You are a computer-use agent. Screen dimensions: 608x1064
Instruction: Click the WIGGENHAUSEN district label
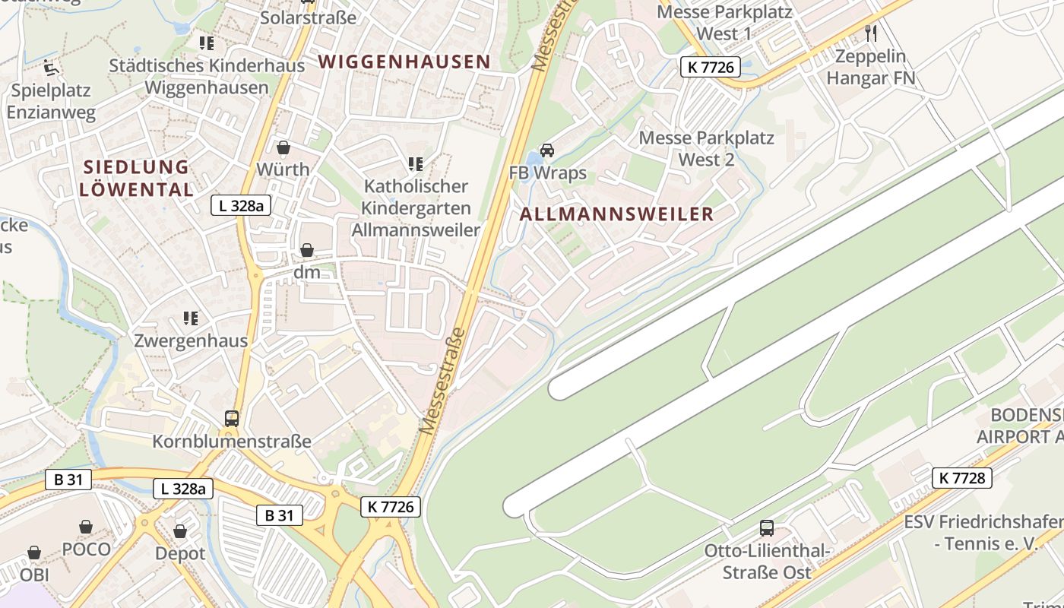pos(404,62)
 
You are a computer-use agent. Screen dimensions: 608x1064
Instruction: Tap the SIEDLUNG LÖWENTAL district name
pos(136,178)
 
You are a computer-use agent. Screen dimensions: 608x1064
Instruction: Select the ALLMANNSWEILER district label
pos(616,214)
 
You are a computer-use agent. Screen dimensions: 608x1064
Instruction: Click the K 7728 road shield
pos(961,477)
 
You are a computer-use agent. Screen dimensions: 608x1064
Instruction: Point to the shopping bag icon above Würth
pos(283,147)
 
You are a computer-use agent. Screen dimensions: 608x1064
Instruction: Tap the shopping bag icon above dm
pos(307,250)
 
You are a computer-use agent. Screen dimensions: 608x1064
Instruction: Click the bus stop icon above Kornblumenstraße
pos(232,418)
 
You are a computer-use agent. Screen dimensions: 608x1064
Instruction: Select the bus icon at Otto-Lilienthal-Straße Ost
pos(767,527)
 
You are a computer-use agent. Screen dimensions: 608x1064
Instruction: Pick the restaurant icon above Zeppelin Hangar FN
pos(871,33)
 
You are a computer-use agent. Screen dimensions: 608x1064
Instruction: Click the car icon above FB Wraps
pos(547,150)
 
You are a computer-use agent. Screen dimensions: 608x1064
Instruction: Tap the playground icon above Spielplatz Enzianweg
pos(51,68)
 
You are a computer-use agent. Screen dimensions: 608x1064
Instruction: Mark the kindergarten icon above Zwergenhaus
pos(191,318)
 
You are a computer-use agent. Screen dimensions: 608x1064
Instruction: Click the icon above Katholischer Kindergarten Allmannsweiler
pos(415,163)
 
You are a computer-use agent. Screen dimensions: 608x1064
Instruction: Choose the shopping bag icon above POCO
pos(87,527)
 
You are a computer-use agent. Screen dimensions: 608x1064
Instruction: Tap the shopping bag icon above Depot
pos(180,531)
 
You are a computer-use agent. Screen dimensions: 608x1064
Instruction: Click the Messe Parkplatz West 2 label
pos(706,149)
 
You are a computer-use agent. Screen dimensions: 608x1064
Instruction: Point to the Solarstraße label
pos(308,17)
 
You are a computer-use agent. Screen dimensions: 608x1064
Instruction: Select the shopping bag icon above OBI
pos(34,553)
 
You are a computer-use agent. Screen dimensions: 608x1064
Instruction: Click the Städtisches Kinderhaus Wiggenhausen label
pos(207,76)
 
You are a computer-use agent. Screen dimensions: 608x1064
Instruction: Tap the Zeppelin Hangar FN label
pos(870,67)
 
